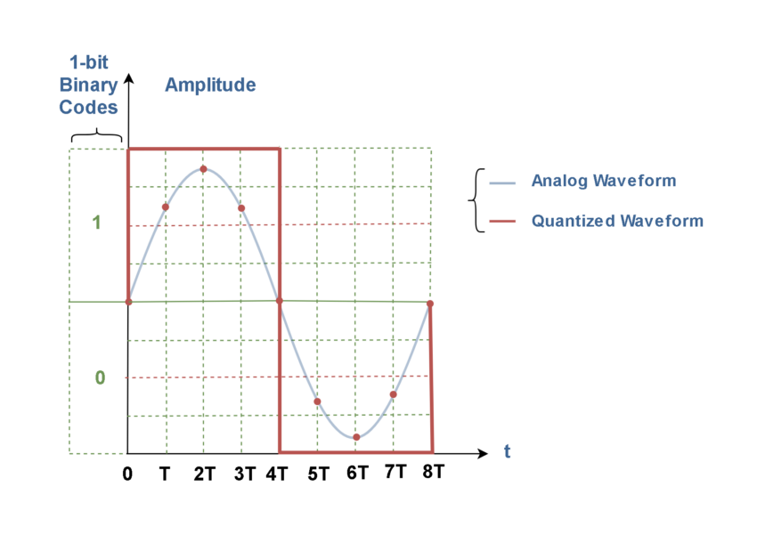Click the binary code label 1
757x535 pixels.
coord(97,223)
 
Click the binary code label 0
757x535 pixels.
coord(100,378)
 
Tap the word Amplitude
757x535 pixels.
coord(210,85)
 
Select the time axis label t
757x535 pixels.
coord(508,451)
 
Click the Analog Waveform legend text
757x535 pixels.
coord(603,181)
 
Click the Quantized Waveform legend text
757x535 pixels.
coord(617,221)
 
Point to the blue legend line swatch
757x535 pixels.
coord(503,183)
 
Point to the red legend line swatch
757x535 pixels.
coord(503,222)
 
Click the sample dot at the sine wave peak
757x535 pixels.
coord(203,168)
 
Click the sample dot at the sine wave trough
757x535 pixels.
coord(356,437)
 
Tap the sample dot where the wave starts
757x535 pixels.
coord(128,302)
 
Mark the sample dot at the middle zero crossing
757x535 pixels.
coord(280,302)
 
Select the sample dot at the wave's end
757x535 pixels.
coord(430,304)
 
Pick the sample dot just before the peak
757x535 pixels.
coord(166,207)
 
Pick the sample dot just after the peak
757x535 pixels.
coord(241,208)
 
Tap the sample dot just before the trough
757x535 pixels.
coord(317,401)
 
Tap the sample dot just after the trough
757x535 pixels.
coord(394,394)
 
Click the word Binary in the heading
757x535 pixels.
coord(88,85)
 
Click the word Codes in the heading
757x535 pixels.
coord(88,108)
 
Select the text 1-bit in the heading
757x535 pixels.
coord(89,63)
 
